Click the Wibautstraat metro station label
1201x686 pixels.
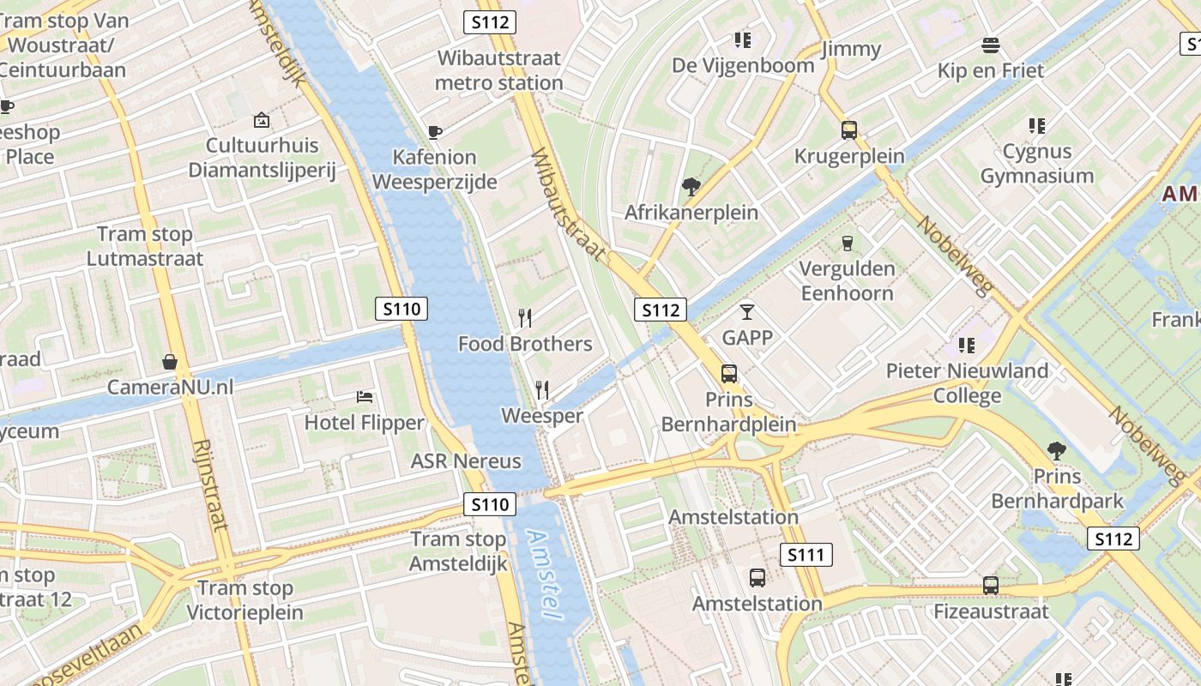498,70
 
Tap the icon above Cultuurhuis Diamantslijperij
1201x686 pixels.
262,121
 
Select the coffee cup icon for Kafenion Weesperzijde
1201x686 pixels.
435,132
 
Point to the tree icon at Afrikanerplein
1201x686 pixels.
691,187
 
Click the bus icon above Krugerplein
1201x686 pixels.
849,130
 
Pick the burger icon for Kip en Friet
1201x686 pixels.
991,45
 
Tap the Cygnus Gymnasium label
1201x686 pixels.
1037,164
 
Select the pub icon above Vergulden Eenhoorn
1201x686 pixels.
848,244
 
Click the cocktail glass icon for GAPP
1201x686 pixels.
747,312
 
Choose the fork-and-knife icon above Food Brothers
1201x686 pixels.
525,318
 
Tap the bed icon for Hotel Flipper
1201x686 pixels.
365,397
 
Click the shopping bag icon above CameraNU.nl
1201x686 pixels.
170,362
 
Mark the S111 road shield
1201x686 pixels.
806,555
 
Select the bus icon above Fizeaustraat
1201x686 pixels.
991,586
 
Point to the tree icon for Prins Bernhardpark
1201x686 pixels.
1057,450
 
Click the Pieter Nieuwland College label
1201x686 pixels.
967,383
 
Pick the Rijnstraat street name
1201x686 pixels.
209,484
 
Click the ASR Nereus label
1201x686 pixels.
466,461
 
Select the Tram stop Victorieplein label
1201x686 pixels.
245,600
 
